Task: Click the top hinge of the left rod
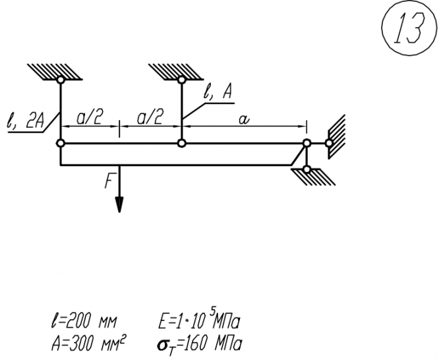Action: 60,80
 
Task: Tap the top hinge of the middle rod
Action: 181,80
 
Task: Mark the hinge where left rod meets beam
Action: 60,142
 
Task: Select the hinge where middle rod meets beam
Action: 181,142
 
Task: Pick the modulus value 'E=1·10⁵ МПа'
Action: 198,323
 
